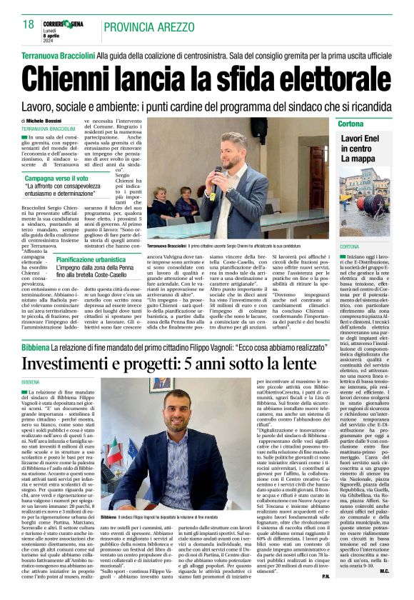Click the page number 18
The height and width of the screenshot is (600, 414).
coord(29,25)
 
